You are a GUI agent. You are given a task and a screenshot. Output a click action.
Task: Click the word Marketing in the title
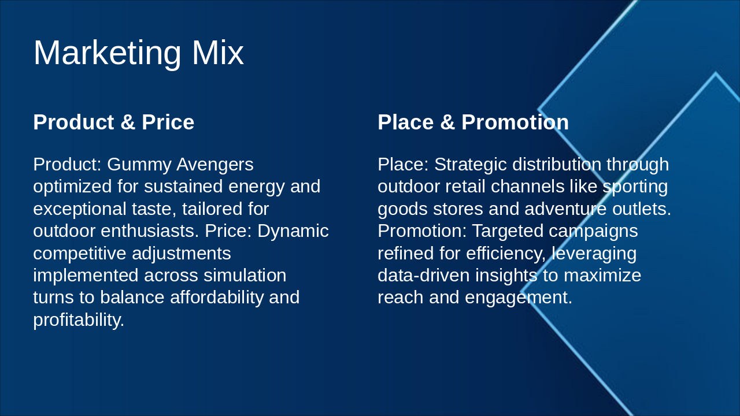107,53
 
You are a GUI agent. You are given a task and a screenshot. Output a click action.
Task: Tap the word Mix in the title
217,53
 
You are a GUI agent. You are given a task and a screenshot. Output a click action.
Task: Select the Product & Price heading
113,122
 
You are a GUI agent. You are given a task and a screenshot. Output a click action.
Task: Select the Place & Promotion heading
473,122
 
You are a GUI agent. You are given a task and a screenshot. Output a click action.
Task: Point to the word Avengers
214,165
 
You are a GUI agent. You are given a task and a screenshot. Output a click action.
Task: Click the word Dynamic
293,231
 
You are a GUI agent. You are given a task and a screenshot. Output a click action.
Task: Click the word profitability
79,320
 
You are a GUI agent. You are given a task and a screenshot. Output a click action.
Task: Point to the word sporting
635,187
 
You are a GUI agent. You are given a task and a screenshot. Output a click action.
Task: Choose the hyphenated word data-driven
424,276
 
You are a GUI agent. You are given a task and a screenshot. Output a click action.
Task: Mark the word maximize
602,276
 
